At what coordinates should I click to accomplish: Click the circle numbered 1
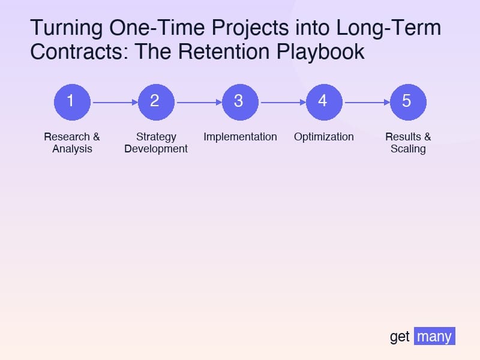pyautogui.click(x=72, y=102)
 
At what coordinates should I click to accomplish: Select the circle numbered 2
pyautogui.click(x=156, y=102)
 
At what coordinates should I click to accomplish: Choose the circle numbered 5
pyautogui.click(x=408, y=102)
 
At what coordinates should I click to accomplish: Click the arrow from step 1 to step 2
pyautogui.click(x=114, y=102)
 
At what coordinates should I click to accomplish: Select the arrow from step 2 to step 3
pyautogui.click(x=198, y=102)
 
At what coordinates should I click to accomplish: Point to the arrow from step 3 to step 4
pyautogui.click(x=282, y=102)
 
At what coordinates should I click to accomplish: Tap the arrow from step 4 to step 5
pyautogui.click(x=366, y=102)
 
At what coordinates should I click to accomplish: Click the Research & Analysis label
pyautogui.click(x=72, y=143)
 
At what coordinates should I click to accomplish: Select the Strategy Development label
pyautogui.click(x=156, y=143)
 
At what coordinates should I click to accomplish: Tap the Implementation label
pyautogui.click(x=240, y=137)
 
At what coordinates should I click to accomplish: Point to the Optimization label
pyautogui.click(x=324, y=137)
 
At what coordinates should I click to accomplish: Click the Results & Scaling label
pyautogui.click(x=408, y=143)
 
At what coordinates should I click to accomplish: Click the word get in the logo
pyautogui.click(x=400, y=337)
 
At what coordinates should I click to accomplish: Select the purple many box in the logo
pyautogui.click(x=434, y=336)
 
